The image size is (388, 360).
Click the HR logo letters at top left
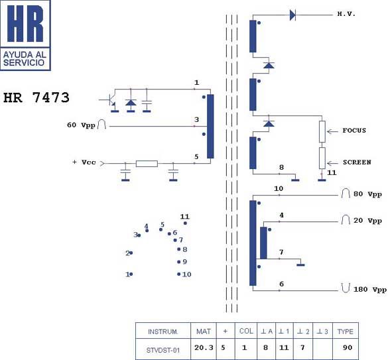click(x=25, y=23)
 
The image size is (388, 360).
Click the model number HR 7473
click(x=36, y=97)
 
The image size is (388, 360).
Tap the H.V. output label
click(x=346, y=14)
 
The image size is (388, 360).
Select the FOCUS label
click(x=354, y=131)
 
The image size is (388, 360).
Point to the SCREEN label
click(x=357, y=162)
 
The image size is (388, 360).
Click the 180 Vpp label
click(x=370, y=290)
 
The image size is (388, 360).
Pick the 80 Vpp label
click(x=367, y=194)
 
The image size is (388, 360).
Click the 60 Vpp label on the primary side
click(x=81, y=125)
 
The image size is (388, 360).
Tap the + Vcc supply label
click(x=84, y=162)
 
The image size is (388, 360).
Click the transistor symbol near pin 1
click(x=111, y=101)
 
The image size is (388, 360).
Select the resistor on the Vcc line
click(x=147, y=164)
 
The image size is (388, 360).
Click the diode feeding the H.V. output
click(x=292, y=15)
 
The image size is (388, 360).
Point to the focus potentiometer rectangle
click(x=322, y=132)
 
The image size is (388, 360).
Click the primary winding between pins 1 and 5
click(x=210, y=126)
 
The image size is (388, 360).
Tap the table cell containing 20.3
click(x=204, y=349)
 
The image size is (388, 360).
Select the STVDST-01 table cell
click(x=163, y=349)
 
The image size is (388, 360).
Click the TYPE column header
click(x=346, y=331)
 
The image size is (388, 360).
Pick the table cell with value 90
click(x=348, y=347)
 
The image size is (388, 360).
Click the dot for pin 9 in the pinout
click(x=178, y=262)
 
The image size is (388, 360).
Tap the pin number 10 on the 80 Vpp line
click(x=279, y=188)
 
